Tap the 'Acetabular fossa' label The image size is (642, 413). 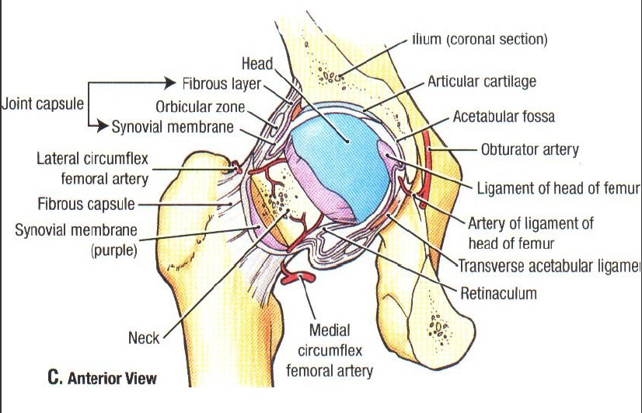point(503,117)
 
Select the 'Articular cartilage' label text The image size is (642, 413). point(481,81)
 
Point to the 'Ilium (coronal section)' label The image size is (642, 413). point(480,40)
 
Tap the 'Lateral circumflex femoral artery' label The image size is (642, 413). point(92,169)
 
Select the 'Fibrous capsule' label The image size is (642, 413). point(85,205)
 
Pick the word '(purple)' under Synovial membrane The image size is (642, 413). point(113,250)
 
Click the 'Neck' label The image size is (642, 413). point(144,338)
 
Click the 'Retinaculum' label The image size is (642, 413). point(498,294)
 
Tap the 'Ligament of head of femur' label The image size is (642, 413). point(557,188)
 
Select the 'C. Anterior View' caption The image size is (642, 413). point(102,379)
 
